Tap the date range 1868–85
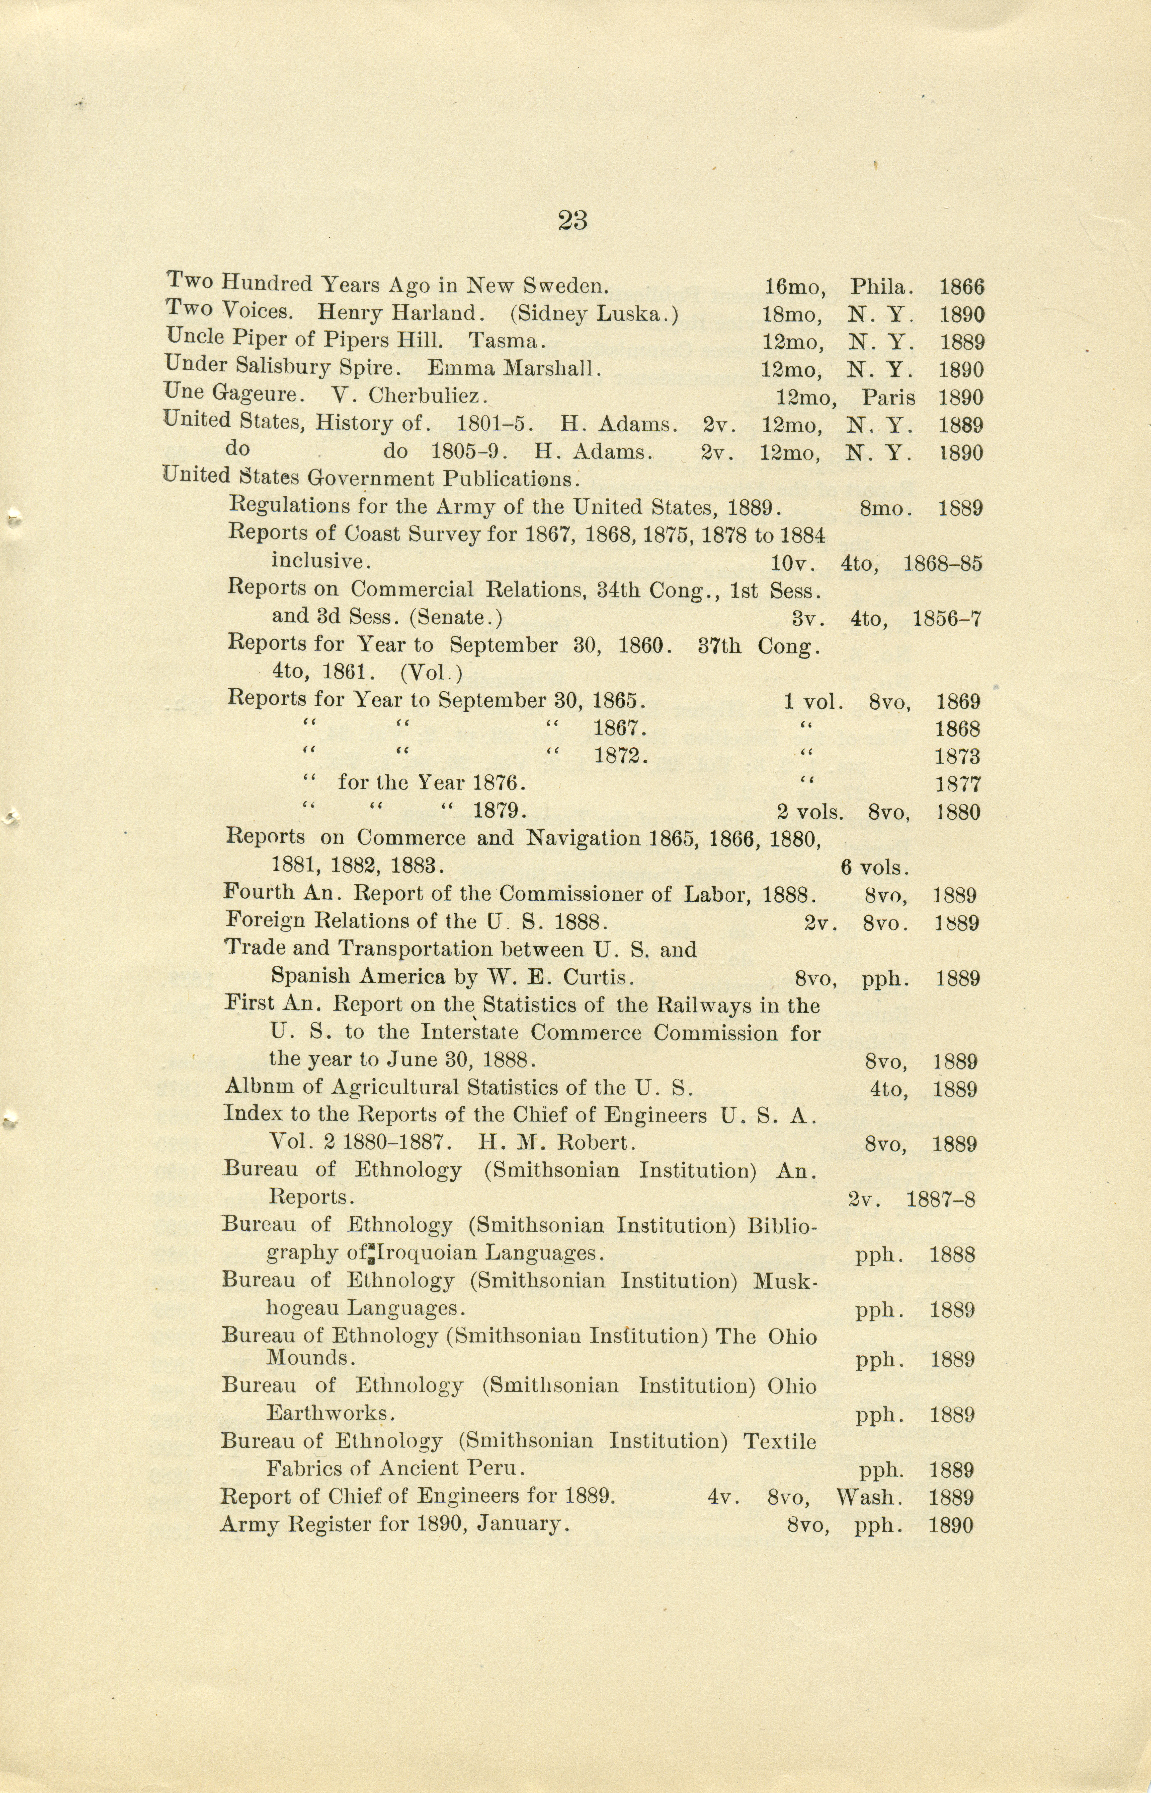coord(942,564)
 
